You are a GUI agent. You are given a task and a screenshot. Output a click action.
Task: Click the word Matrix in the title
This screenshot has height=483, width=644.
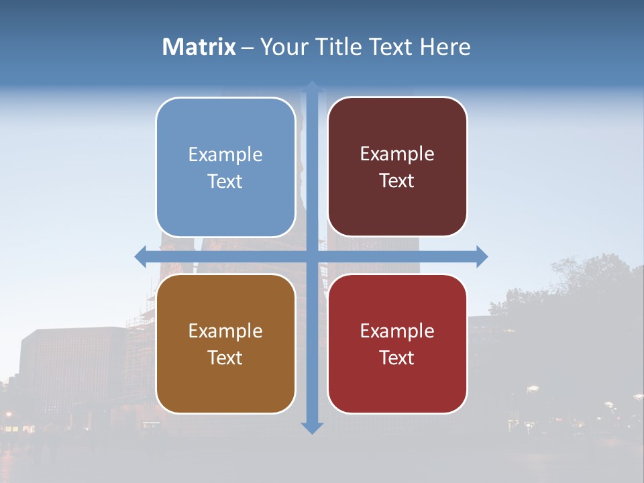199,47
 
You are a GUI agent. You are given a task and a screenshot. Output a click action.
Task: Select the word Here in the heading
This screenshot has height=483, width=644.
445,47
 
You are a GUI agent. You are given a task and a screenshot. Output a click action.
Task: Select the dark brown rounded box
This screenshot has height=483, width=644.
397,208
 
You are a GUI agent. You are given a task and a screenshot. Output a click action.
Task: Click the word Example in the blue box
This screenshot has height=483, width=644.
225,154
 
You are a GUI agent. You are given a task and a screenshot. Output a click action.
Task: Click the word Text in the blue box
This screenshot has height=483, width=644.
225,181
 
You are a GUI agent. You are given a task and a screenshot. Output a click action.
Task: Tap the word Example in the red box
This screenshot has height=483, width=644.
397,331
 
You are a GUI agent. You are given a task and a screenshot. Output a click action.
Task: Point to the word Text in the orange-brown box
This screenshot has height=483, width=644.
225,358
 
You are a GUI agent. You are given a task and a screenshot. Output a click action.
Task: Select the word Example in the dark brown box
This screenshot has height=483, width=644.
397,154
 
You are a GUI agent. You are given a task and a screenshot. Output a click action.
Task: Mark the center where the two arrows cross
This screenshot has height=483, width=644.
312,256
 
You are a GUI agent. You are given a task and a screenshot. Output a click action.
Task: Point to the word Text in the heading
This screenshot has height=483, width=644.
392,47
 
